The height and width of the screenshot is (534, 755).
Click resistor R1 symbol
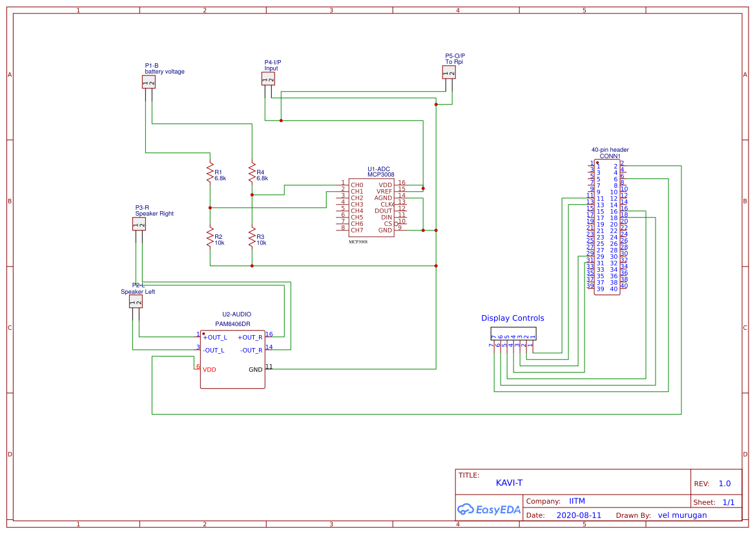click(210, 173)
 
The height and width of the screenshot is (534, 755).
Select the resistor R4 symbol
click(252, 173)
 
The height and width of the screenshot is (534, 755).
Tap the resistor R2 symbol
click(210, 238)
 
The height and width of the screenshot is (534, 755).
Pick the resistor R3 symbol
click(252, 238)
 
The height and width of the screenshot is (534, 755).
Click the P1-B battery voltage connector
click(149, 81)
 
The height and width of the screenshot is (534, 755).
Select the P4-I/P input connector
click(268, 79)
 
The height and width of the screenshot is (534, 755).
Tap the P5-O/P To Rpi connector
click(449, 72)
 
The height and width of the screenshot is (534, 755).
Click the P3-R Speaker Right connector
click(139, 223)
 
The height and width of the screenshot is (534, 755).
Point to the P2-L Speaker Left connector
click(136, 302)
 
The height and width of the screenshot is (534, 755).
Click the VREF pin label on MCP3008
click(385, 192)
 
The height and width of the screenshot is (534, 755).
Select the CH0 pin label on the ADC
click(357, 185)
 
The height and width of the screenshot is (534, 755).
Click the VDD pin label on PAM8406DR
click(209, 370)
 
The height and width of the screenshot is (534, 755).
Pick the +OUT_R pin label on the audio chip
click(250, 338)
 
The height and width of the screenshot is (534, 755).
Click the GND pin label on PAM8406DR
click(256, 370)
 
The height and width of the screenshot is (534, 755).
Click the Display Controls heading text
click(512, 318)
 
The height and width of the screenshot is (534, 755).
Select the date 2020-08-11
click(579, 516)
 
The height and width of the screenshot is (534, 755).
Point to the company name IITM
click(577, 501)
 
